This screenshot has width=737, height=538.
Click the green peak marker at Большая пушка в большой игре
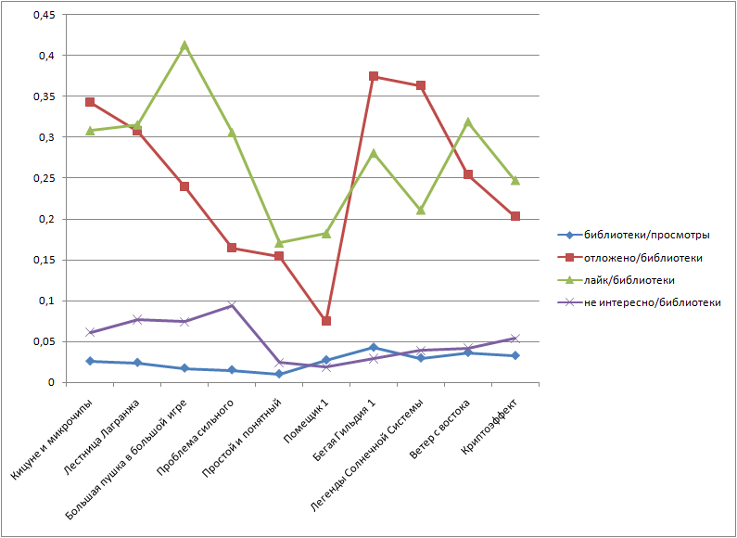tap(184, 45)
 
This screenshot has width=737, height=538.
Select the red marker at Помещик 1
tap(326, 321)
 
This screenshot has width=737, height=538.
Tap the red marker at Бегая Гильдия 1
tap(374, 76)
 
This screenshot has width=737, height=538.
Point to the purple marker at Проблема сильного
tap(232, 305)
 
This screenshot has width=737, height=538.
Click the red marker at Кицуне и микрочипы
tap(90, 102)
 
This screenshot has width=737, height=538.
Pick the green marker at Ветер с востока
tap(468, 122)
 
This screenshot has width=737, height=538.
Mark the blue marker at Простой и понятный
tap(279, 374)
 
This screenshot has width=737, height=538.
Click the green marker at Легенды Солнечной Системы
tap(421, 210)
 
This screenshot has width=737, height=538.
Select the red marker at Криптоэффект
tap(515, 216)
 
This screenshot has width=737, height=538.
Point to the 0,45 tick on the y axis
tap(44, 15)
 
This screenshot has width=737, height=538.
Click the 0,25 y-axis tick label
tap(44, 178)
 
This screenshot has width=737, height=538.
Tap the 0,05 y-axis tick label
tap(44, 342)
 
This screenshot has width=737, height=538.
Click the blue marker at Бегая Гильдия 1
tap(374, 348)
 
